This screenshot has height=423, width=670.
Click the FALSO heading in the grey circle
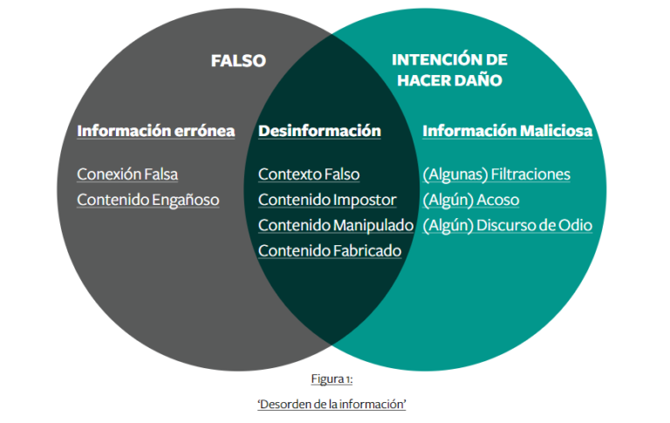click(238, 61)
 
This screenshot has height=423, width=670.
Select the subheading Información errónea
click(155, 131)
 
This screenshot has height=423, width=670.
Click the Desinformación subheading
click(319, 131)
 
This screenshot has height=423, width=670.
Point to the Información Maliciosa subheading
click(507, 131)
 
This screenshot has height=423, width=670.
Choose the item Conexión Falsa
click(127, 174)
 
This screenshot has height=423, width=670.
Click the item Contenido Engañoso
click(147, 200)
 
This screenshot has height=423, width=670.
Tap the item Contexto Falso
click(309, 174)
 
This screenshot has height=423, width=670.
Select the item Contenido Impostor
click(327, 200)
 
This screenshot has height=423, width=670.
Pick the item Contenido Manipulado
click(336, 225)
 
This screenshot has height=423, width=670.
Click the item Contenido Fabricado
click(330, 251)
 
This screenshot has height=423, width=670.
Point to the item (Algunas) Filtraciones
click(496, 174)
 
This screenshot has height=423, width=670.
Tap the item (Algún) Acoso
click(470, 200)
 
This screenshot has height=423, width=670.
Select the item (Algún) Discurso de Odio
click(507, 225)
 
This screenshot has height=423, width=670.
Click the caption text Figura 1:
click(332, 379)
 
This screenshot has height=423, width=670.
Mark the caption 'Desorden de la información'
click(332, 404)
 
